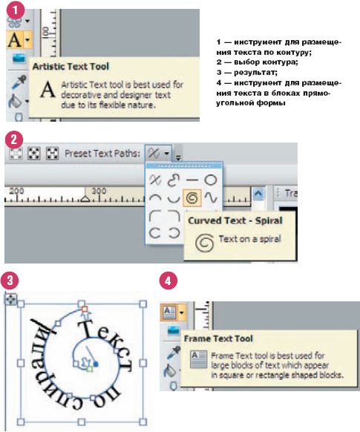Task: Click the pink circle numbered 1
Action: (15, 10)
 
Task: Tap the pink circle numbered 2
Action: (14, 140)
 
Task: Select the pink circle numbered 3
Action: (10, 281)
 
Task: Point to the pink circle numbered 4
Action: (168, 281)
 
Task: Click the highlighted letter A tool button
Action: (19, 39)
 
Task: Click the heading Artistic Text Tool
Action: (71, 66)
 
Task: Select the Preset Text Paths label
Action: (102, 153)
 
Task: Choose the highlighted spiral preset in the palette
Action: (192, 197)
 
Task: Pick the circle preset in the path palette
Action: (211, 180)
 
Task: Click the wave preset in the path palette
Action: (211, 197)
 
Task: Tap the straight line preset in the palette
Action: (192, 180)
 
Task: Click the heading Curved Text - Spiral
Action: (235, 220)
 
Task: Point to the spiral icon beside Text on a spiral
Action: (204, 243)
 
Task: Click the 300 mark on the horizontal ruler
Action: (99, 191)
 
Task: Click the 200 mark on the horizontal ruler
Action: (16, 191)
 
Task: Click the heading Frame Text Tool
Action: (218, 338)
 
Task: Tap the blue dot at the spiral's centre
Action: (96, 364)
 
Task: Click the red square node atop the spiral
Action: (85, 309)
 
